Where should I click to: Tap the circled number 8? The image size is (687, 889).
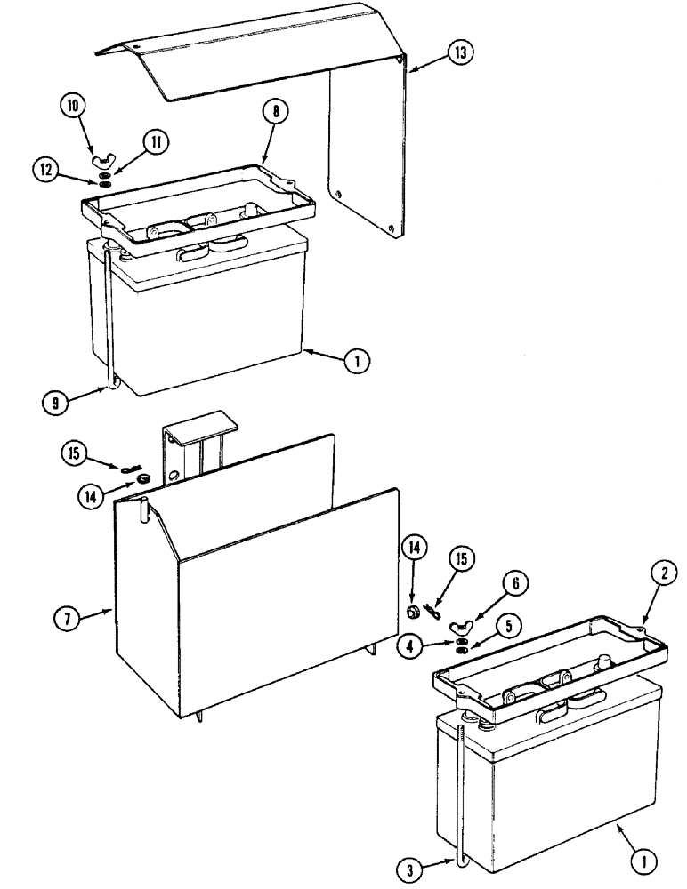[x=278, y=113]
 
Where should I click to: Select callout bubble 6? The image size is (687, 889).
[x=518, y=584]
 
